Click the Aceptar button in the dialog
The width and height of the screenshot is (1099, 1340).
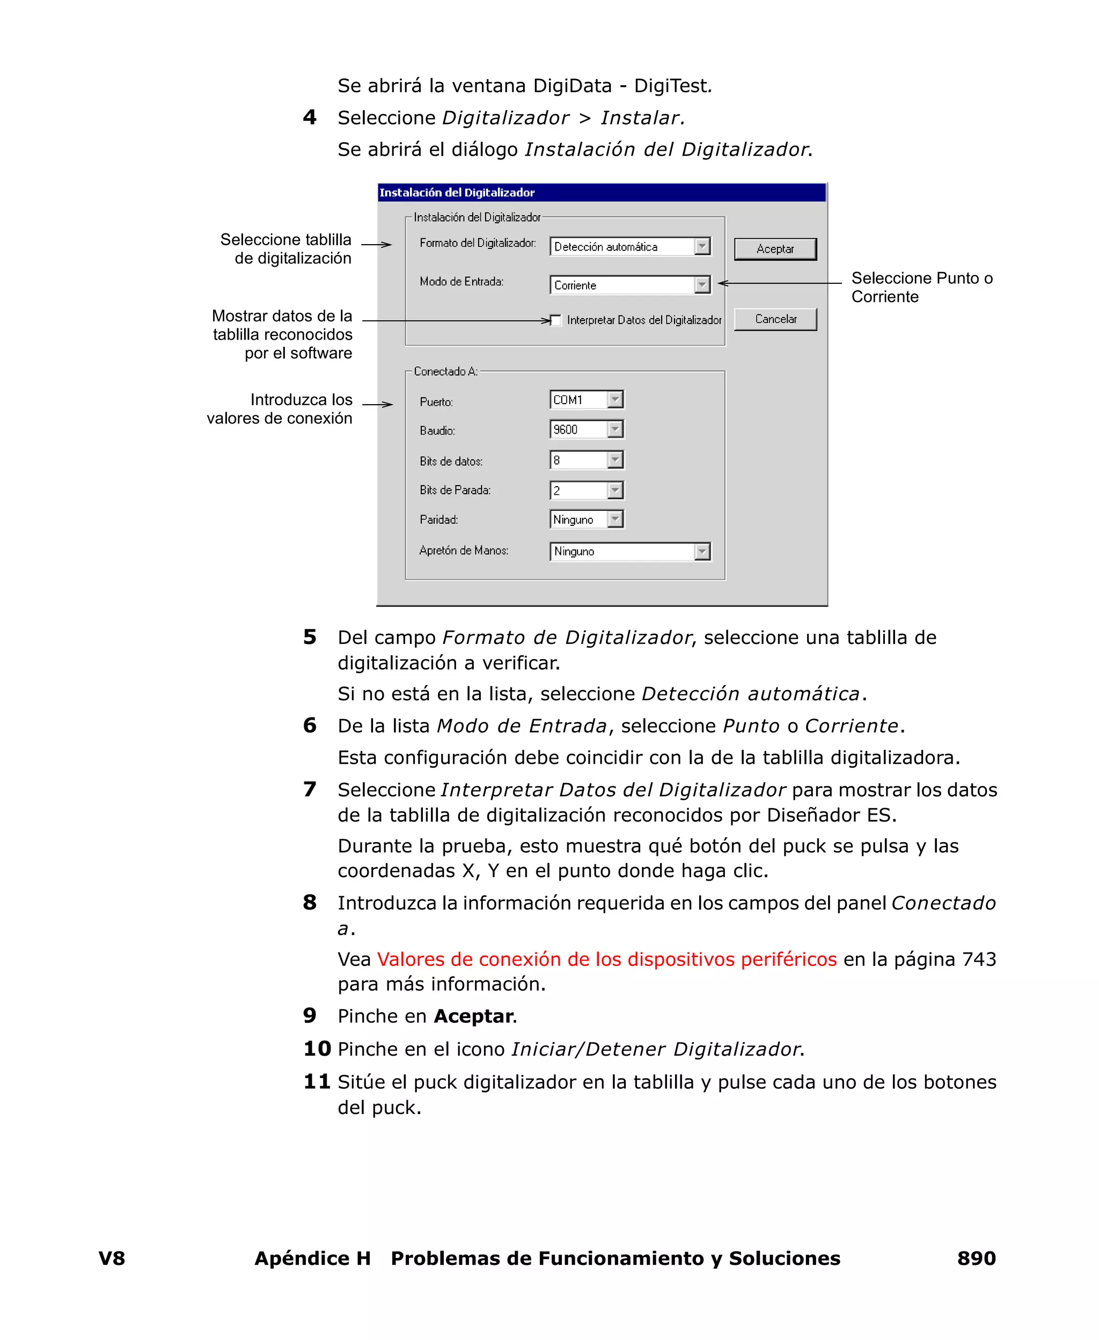tap(775, 249)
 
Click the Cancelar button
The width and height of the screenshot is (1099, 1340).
tap(775, 319)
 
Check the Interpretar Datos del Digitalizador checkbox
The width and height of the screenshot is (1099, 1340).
tap(556, 320)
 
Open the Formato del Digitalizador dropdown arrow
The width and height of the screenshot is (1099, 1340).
tap(702, 246)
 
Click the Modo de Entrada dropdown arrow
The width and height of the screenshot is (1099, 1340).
tap(702, 285)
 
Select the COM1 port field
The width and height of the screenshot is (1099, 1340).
tap(578, 399)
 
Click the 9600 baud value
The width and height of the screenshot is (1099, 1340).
tap(578, 429)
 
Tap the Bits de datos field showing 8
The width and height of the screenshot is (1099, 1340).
tap(578, 459)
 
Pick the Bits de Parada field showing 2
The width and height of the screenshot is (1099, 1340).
tap(578, 490)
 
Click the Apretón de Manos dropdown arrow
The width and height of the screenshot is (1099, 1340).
tap(702, 551)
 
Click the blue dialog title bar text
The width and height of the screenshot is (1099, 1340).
tap(457, 193)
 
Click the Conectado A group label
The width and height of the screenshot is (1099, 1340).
tap(445, 371)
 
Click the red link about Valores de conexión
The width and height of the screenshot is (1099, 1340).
tap(606, 959)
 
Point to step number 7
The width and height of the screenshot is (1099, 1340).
tap(310, 789)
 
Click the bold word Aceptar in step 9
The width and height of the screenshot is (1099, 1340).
tap(473, 1016)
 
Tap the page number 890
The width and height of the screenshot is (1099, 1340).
tap(976, 1258)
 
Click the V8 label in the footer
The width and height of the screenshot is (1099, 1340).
tap(112, 1258)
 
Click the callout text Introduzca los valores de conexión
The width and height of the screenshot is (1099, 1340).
tap(280, 409)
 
